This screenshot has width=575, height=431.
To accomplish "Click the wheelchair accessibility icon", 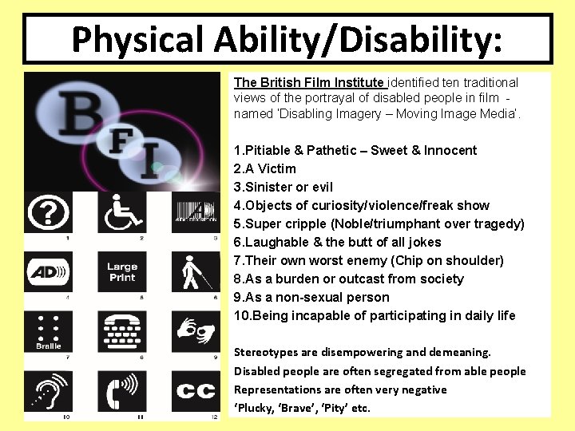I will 122,212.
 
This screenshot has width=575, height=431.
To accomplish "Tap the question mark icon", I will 48,212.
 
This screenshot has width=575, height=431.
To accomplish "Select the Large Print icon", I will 122,272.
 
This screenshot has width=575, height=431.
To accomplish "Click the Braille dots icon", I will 48,328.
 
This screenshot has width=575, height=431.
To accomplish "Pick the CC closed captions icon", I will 196,391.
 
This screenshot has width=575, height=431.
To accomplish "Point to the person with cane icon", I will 196,272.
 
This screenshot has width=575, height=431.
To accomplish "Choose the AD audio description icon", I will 48,272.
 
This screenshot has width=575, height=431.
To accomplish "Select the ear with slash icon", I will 48,391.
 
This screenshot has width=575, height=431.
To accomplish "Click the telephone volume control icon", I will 122,391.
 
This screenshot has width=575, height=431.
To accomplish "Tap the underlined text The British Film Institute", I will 309,82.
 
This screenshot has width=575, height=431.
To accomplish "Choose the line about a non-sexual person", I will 311,297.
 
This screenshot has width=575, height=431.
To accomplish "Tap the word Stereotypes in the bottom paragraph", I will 266,352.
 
